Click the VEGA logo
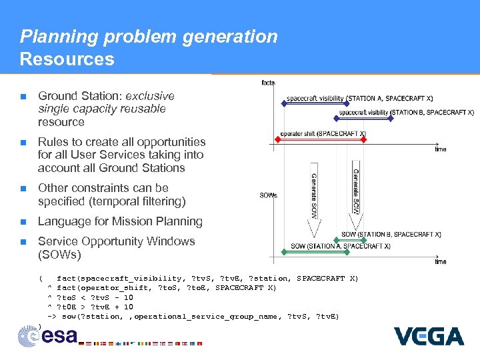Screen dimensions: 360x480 point(429,335)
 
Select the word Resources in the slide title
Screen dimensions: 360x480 point(67,59)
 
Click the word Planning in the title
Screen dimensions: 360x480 point(52,36)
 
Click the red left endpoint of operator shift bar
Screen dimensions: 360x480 point(278,140)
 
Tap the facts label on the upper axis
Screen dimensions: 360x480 point(268,83)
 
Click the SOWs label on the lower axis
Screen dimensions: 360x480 point(269,195)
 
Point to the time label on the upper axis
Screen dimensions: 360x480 point(441,149)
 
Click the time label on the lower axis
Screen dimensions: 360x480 point(441,262)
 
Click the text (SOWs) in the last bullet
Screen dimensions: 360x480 point(59,255)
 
